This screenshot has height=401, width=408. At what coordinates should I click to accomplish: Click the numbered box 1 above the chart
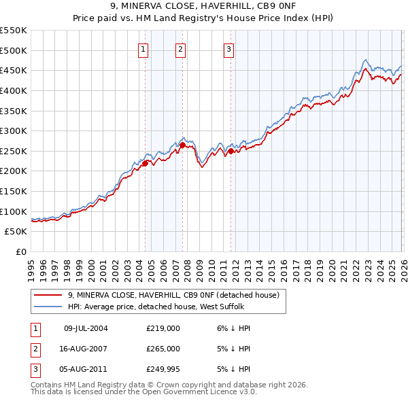click(144, 48)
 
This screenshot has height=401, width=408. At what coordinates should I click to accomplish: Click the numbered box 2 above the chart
click(181, 48)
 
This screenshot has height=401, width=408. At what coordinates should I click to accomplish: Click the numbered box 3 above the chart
click(229, 48)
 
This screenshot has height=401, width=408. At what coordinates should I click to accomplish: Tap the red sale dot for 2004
click(145, 163)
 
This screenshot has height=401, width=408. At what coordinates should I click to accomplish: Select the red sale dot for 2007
click(182, 145)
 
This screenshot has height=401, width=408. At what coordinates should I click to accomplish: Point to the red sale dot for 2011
click(231, 151)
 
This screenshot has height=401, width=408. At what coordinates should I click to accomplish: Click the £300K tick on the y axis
click(14, 130)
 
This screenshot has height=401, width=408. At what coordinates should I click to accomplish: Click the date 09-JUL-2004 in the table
click(86, 328)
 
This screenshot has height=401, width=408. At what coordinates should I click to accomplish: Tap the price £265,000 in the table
click(163, 349)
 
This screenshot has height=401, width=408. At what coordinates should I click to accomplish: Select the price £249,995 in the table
click(163, 369)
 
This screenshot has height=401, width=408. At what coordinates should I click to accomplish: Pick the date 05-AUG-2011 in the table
click(86, 369)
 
